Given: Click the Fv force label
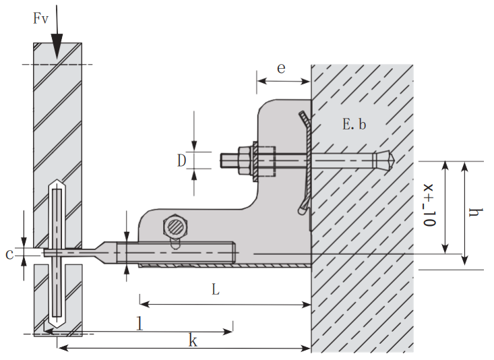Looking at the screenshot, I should (41, 18).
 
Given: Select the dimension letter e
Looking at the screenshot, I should (280, 67).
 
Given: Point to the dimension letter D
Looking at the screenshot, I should (181, 160).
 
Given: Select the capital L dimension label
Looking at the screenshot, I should (215, 289).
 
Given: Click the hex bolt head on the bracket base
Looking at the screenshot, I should (176, 227).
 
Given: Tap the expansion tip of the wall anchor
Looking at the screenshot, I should (386, 160).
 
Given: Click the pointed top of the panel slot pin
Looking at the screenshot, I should (57, 184).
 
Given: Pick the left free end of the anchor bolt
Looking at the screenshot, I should (224, 160).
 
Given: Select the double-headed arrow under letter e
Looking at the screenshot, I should (283, 82).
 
